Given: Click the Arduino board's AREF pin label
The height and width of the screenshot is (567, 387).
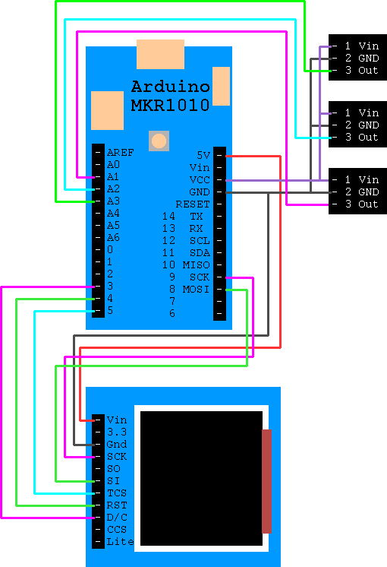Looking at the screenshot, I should (120, 152).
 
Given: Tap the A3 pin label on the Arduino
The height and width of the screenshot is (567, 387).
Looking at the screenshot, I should (113, 201).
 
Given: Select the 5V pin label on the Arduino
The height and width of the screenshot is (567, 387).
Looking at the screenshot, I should (203, 154).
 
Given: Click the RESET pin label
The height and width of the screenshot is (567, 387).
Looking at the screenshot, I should (193, 204).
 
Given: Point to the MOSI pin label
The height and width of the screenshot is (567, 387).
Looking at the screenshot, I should (196, 290).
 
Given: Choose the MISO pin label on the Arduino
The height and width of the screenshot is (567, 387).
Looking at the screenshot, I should (196, 264).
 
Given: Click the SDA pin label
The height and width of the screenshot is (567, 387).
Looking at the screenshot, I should (199, 252).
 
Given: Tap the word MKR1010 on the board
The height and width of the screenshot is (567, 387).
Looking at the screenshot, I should (170, 105).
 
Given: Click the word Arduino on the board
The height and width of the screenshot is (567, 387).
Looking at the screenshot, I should (170, 85).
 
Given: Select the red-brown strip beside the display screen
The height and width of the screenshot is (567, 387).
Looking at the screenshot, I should (266, 480).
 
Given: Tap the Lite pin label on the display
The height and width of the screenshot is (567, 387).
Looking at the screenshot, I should (120, 541).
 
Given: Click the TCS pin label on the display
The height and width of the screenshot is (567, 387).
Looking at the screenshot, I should (116, 493).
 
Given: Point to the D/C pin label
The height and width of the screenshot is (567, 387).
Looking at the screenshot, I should (116, 517).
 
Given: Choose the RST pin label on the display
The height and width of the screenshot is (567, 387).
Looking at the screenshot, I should (116, 505).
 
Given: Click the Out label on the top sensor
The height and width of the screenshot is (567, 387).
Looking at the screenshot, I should (368, 71).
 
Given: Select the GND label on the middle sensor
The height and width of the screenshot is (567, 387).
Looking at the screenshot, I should (368, 125).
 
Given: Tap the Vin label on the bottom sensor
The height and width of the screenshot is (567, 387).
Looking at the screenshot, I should (368, 180).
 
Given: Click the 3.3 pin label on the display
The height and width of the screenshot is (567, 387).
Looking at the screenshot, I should (116, 432).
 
